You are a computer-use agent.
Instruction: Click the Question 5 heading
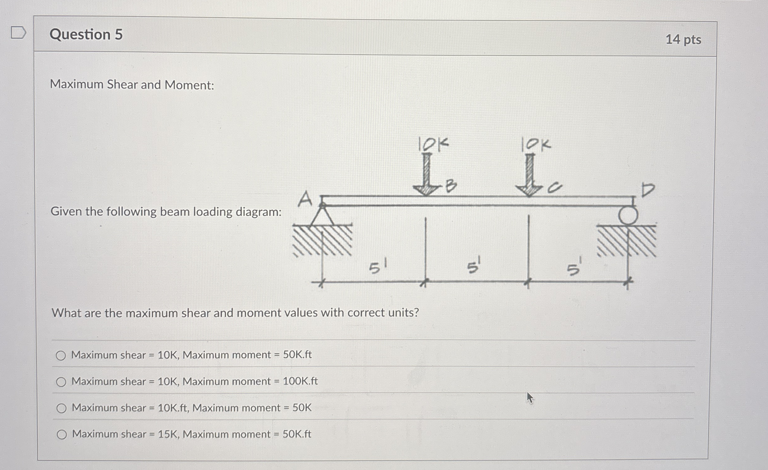tap(86, 34)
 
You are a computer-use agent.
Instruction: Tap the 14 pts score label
tap(683, 40)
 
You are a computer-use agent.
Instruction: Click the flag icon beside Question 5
tap(18, 33)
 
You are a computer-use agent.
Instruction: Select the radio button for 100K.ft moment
tap(61, 382)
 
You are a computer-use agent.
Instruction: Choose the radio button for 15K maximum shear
tap(62, 434)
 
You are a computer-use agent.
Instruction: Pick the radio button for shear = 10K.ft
tap(61, 408)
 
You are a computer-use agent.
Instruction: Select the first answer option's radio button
tap(61, 355)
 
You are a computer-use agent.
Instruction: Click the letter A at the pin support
tap(305, 199)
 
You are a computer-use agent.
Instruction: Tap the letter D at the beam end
tap(648, 190)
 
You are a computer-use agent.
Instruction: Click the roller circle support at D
tap(628, 215)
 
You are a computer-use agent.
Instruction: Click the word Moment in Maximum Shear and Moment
tap(189, 85)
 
